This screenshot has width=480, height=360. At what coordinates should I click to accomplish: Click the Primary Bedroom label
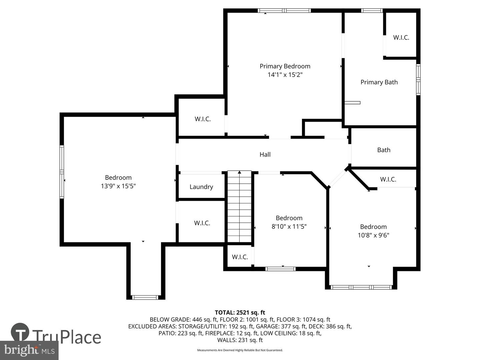pyautogui.click(x=285, y=66)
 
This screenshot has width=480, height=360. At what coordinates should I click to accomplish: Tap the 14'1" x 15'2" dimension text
pyautogui.click(x=285, y=75)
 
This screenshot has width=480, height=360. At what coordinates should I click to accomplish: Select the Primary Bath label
pyautogui.click(x=379, y=82)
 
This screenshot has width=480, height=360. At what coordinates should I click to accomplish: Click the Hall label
pyautogui.click(x=265, y=155)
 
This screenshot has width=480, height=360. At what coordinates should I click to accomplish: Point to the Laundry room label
pyautogui.click(x=201, y=187)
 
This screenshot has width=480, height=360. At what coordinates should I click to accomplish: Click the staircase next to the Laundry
pyautogui.click(x=239, y=207)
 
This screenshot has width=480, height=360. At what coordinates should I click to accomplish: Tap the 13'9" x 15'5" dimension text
pyautogui.click(x=118, y=186)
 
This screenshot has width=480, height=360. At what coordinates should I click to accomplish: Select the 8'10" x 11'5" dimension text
pyautogui.click(x=289, y=226)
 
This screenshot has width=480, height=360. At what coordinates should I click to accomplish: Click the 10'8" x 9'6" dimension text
pyautogui.click(x=374, y=235)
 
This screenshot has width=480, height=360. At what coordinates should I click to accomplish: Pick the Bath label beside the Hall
pyautogui.click(x=384, y=150)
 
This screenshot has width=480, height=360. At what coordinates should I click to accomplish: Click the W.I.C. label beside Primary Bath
pyautogui.click(x=401, y=38)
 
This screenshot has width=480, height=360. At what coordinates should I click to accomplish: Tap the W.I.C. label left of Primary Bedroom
pyautogui.click(x=203, y=119)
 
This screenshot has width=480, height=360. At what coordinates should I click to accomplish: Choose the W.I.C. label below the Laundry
pyautogui.click(x=202, y=223)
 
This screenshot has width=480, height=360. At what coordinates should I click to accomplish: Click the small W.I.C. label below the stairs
pyautogui.click(x=240, y=257)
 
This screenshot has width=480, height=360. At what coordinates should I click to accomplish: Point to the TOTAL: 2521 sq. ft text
pyautogui.click(x=240, y=313)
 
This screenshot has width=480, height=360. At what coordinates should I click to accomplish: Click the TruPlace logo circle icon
pyautogui.click(x=20, y=332)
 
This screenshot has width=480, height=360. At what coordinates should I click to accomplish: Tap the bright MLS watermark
pyautogui.click(x=29, y=350)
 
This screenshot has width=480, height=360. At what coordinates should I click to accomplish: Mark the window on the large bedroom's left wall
pyautogui.click(x=62, y=172)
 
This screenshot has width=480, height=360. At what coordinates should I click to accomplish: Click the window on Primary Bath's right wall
pyautogui.click(x=418, y=80)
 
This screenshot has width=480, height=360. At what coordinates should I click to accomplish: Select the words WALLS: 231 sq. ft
pyautogui.click(x=240, y=340)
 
